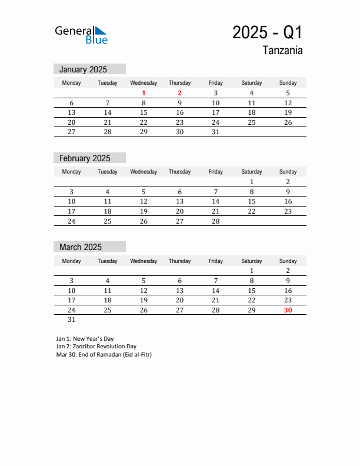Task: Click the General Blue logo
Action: coord(81,35)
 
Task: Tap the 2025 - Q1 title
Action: coord(267,32)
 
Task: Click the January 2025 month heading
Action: coord(83,69)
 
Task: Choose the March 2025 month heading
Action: coord(81,247)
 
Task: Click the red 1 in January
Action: coord(144,93)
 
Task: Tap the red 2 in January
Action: coord(179,93)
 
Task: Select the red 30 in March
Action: coord(288,310)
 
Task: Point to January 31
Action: coord(215,132)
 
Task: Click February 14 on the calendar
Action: coord(215,201)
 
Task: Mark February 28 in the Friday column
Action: coord(215,221)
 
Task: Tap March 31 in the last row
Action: coord(71,320)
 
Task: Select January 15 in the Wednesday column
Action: coord(144,112)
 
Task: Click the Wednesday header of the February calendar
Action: coord(144,172)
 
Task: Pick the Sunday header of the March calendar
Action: coord(288,261)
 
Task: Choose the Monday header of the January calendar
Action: coord(71,83)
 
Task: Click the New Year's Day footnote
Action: coord(85,339)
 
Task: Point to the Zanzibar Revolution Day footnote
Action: coord(96,347)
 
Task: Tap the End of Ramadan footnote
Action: coord(104,354)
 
